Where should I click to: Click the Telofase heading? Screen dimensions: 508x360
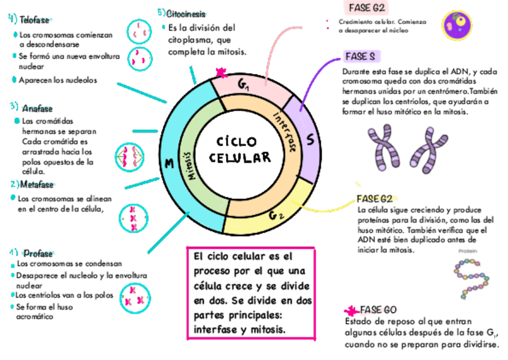pyautogui.click(x=34, y=20)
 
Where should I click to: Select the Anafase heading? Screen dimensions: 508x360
pyautogui.click(x=37, y=109)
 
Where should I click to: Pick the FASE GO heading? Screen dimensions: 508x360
pyautogui.click(x=378, y=310)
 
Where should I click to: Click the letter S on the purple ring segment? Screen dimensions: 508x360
pyautogui.click(x=310, y=140)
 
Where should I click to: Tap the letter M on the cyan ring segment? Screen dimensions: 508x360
pyautogui.click(x=169, y=164)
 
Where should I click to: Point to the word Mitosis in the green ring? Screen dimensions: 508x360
pyautogui.click(x=192, y=165)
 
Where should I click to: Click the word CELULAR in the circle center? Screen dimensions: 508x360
pyautogui.click(x=240, y=158)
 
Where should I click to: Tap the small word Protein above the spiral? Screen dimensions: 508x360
pyautogui.click(x=468, y=252)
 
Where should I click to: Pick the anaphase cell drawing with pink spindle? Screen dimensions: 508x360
pyautogui.click(x=129, y=157)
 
